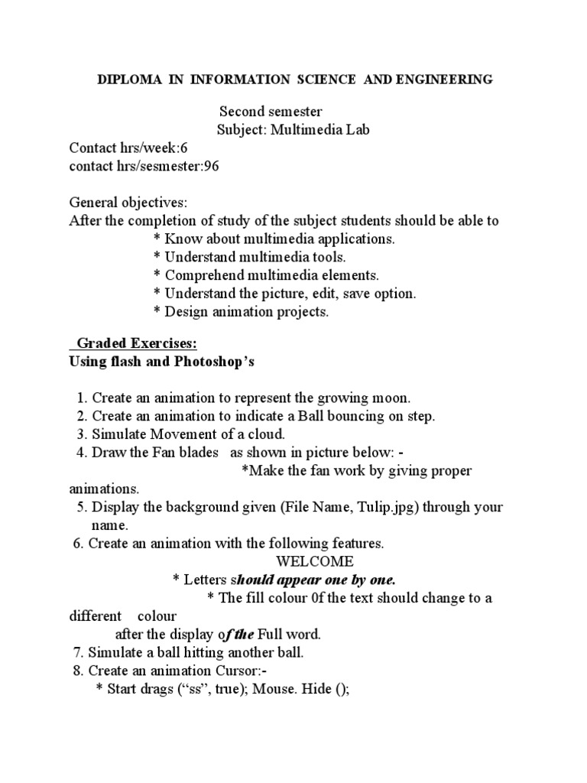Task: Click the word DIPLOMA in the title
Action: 125,80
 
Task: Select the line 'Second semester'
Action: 271,112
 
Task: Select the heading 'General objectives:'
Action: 128,203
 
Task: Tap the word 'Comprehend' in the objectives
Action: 201,275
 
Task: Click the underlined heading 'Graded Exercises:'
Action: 131,344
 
